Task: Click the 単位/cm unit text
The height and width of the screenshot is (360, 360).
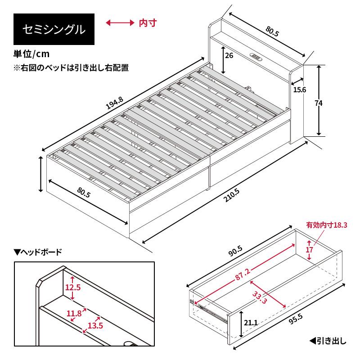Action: [31, 54]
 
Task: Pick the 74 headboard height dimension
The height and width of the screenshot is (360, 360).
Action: [319, 103]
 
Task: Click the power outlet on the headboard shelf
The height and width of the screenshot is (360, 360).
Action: [256, 57]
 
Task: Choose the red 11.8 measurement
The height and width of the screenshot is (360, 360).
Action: [74, 313]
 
